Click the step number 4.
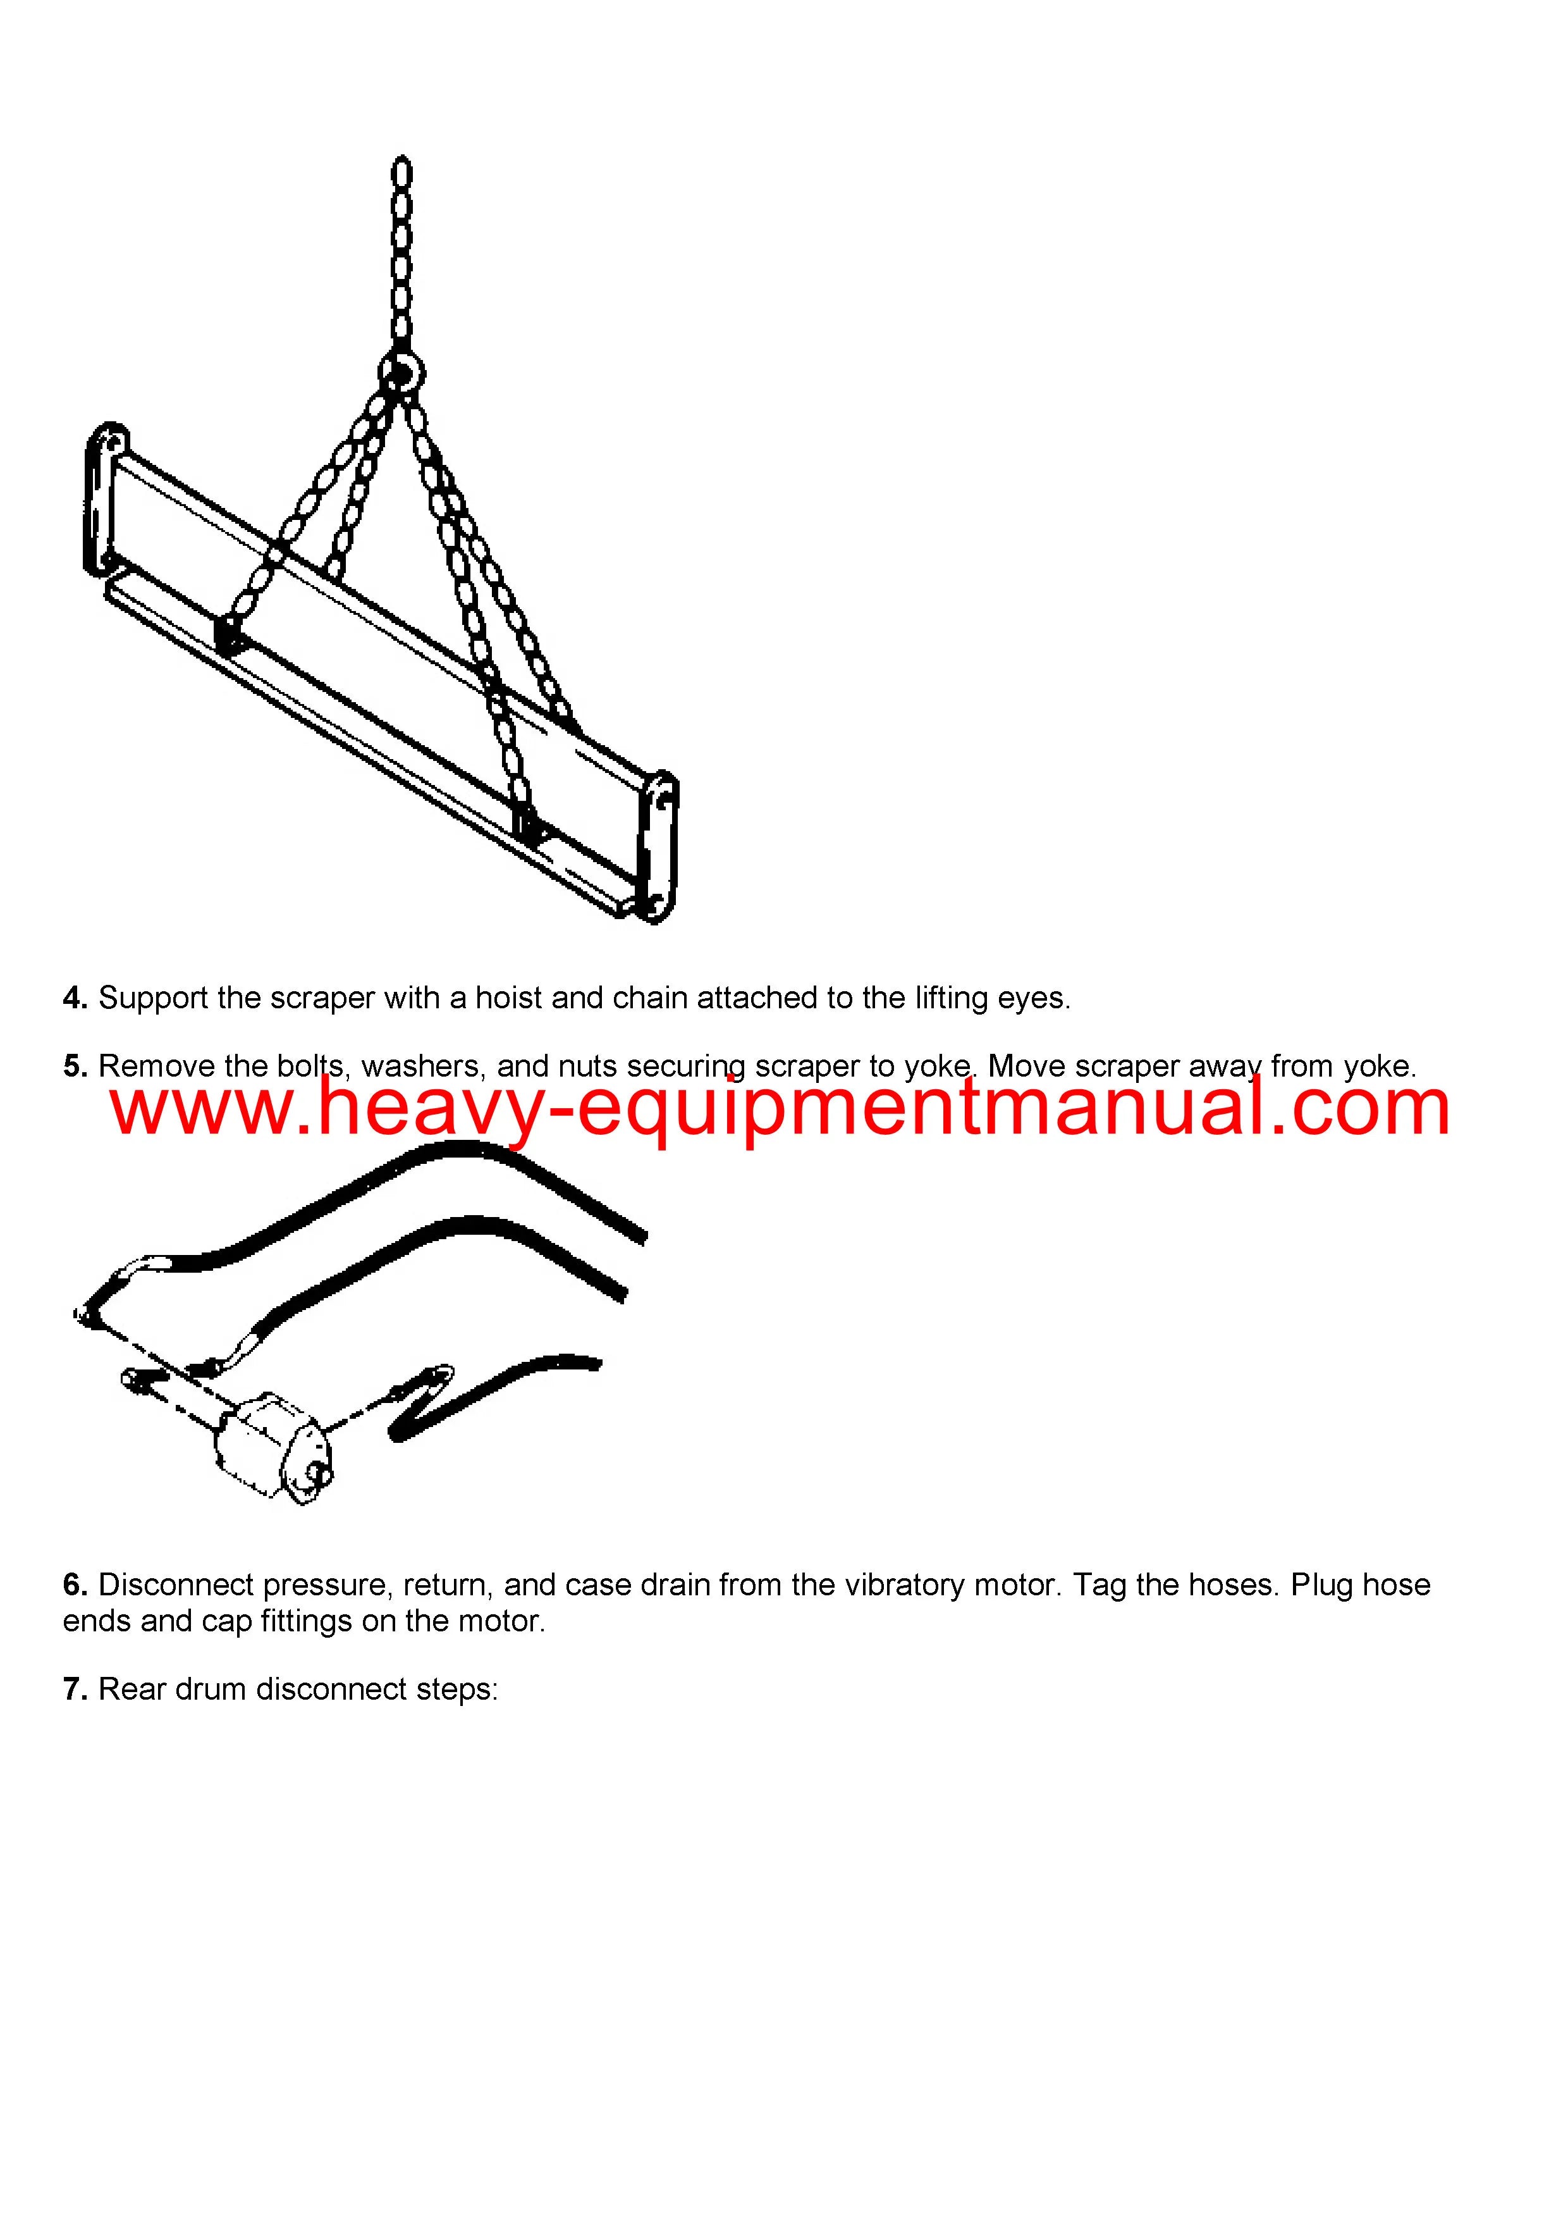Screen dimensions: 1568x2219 click(75, 998)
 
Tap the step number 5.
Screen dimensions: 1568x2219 click(75, 1067)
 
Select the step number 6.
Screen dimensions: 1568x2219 click(75, 1586)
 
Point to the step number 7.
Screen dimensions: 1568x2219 click(75, 1690)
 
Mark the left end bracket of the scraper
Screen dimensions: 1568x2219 click(106, 498)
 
